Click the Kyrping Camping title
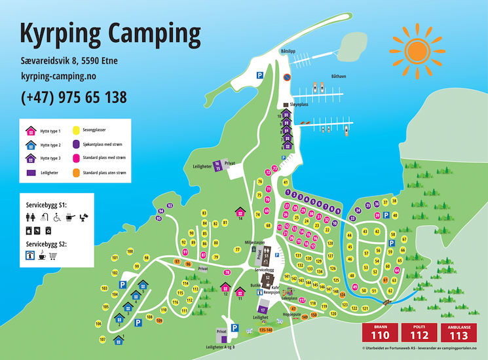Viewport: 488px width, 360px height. tap(110, 31)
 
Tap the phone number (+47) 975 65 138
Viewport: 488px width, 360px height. tap(73, 98)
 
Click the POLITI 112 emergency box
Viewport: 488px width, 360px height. tap(420, 332)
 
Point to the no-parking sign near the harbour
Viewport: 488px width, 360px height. tap(286, 77)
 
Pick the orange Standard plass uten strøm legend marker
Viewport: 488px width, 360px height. tap(76, 173)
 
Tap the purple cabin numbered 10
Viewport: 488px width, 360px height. tap(286, 116)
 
